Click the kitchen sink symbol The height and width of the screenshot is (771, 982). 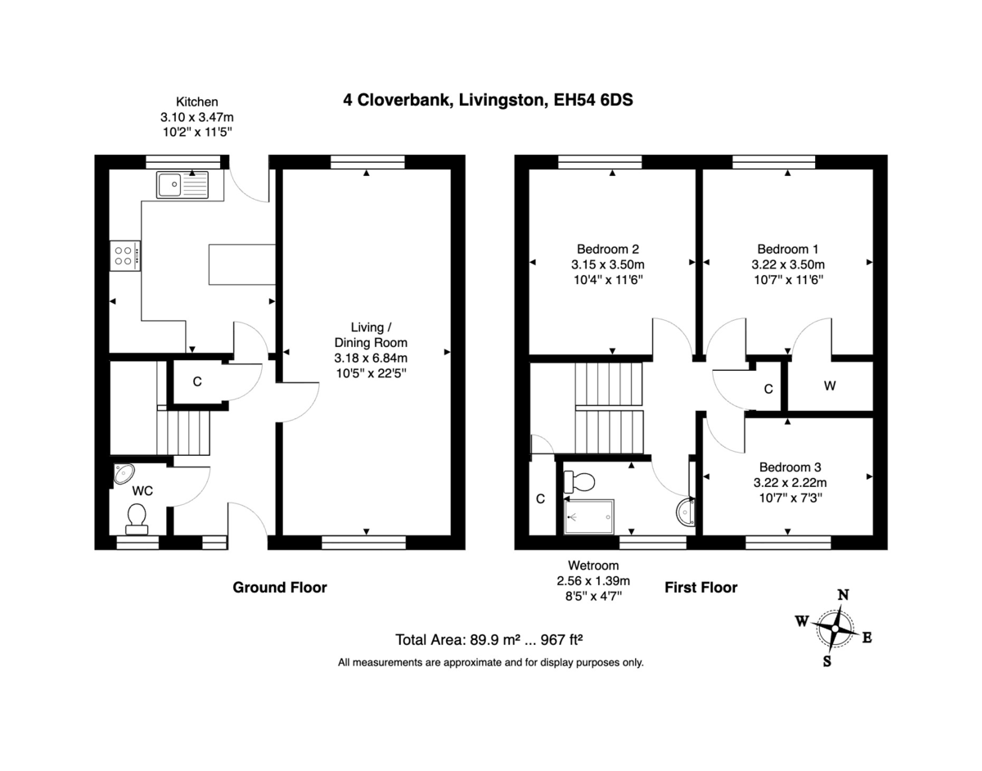(x=183, y=185)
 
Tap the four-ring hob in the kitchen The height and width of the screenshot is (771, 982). (x=124, y=255)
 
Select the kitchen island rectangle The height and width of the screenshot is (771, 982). (x=241, y=264)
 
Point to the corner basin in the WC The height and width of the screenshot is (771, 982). (x=124, y=473)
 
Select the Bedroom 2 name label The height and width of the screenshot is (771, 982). (x=607, y=249)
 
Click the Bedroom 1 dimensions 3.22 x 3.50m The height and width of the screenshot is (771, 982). (x=787, y=264)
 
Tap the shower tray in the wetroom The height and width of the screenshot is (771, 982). (x=588, y=516)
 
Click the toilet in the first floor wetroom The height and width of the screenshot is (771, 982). (x=584, y=480)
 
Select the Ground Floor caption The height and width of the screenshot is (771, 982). (x=280, y=587)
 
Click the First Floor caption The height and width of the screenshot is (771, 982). (x=700, y=587)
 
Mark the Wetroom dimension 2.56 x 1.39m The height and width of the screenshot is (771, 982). (x=593, y=581)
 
